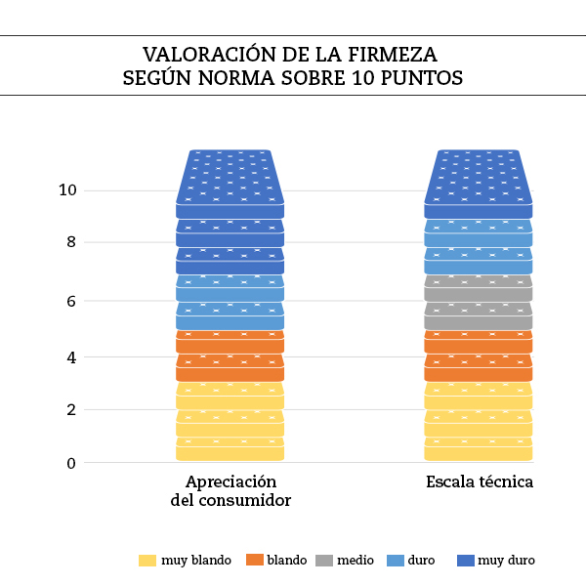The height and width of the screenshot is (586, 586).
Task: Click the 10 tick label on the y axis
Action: pos(67,190)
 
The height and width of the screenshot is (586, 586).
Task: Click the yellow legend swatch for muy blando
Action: pos(147,561)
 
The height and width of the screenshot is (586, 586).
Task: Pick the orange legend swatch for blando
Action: pos(255,561)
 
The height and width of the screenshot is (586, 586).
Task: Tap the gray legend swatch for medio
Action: pos(324,561)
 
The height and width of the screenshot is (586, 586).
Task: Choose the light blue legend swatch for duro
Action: pos(396,561)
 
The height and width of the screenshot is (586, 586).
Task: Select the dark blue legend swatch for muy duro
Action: pos(466,561)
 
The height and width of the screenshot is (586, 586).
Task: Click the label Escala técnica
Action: pos(480,482)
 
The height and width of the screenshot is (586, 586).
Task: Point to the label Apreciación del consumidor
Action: pos(230,491)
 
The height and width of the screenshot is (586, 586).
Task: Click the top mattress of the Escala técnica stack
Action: pos(479,181)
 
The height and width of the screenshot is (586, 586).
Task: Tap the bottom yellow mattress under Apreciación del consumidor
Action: pos(230,449)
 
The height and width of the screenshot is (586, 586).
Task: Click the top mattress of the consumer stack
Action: pos(230,181)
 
